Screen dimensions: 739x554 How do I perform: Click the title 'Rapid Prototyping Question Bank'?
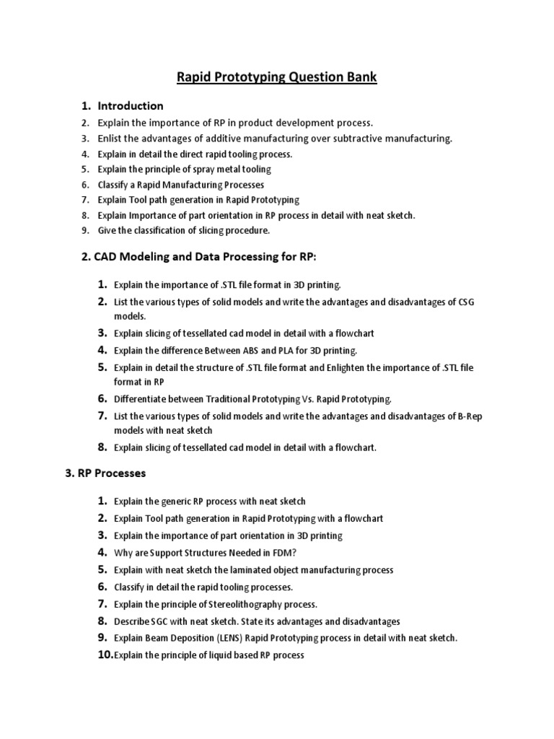tap(277, 76)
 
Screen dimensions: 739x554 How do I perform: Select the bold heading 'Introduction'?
tap(131, 106)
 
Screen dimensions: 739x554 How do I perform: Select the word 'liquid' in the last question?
tap(214, 655)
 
